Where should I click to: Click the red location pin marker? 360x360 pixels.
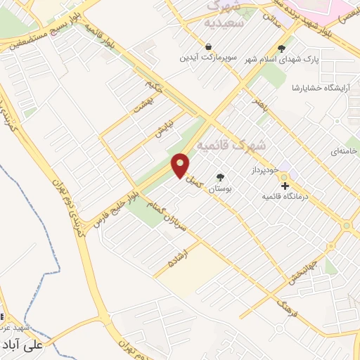[182, 165]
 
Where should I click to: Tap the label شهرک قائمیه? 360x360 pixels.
[232, 146]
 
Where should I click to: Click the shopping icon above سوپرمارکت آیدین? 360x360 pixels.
[209, 46]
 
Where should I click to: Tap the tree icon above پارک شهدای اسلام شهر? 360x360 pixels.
[282, 49]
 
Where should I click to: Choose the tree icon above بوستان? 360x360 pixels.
[221, 177]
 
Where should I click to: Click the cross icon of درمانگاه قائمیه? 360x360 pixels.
[285, 186]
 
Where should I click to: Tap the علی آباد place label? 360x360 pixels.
[23, 345]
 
